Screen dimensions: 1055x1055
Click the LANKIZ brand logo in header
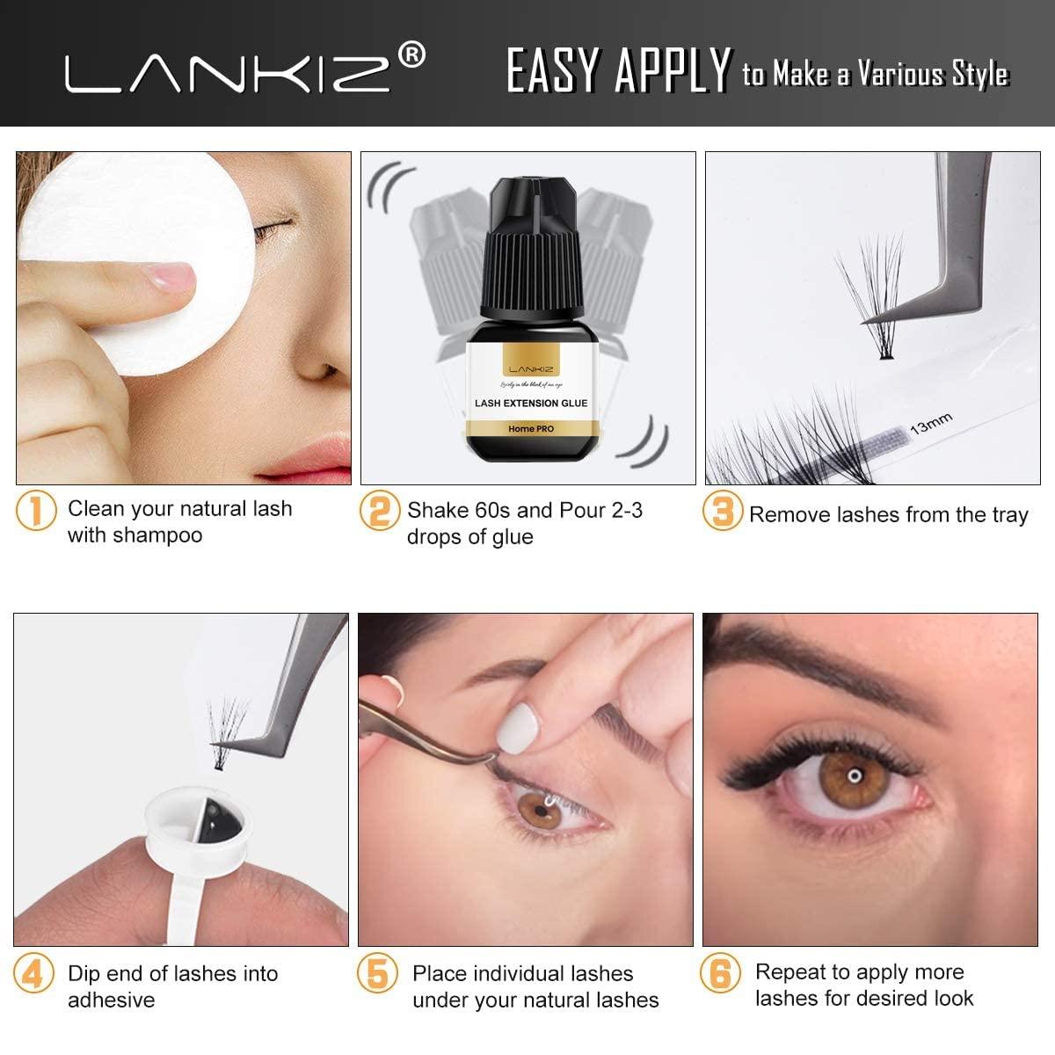(227, 72)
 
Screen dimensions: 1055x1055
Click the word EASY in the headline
(555, 71)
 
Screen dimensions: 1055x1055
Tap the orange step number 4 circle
(33, 974)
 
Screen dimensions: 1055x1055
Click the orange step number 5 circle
(376, 974)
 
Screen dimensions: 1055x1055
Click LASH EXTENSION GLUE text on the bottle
(530, 403)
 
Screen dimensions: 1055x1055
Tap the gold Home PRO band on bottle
(530, 428)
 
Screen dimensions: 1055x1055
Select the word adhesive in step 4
(111, 1000)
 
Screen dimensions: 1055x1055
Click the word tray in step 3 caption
(1009, 515)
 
